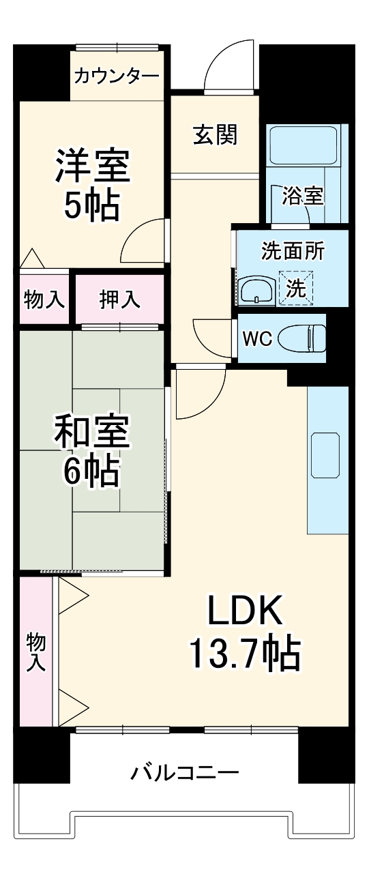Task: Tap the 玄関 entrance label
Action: point(215,134)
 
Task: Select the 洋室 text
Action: point(92,166)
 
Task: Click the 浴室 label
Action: point(304,196)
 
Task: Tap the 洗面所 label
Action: point(293,250)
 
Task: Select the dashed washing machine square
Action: point(295,287)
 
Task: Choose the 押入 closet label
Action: point(119,299)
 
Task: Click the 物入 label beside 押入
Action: point(44,299)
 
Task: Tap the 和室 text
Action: point(92,433)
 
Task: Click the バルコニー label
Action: point(185,773)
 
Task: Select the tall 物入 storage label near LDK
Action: point(35,651)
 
